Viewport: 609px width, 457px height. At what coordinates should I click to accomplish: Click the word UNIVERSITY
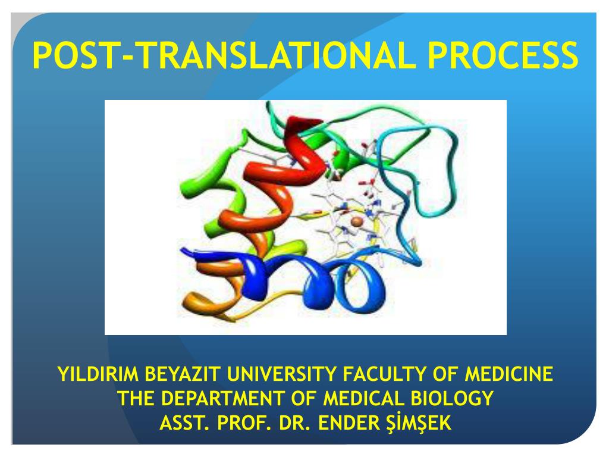[276, 375]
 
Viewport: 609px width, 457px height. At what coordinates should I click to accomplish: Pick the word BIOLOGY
[454, 398]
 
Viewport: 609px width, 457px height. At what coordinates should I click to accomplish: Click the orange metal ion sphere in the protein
[356, 221]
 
